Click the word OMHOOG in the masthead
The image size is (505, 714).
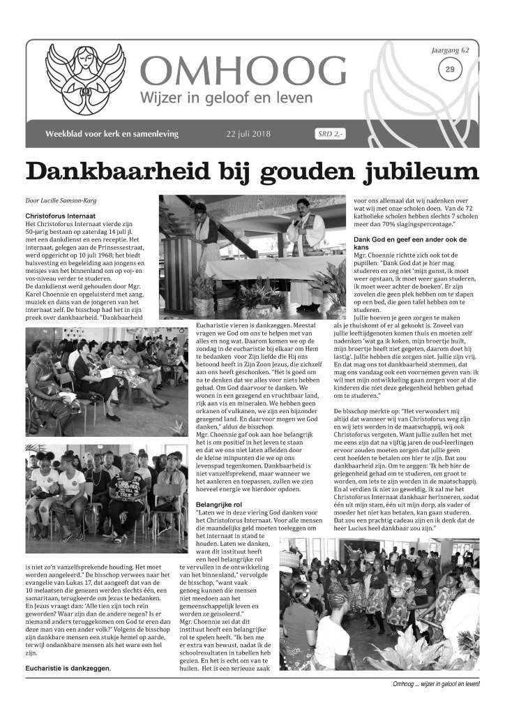coord(243,72)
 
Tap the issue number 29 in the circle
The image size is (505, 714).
coord(449,68)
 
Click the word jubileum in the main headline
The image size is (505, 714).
coord(395,172)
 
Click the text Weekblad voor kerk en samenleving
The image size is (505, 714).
coord(112,134)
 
